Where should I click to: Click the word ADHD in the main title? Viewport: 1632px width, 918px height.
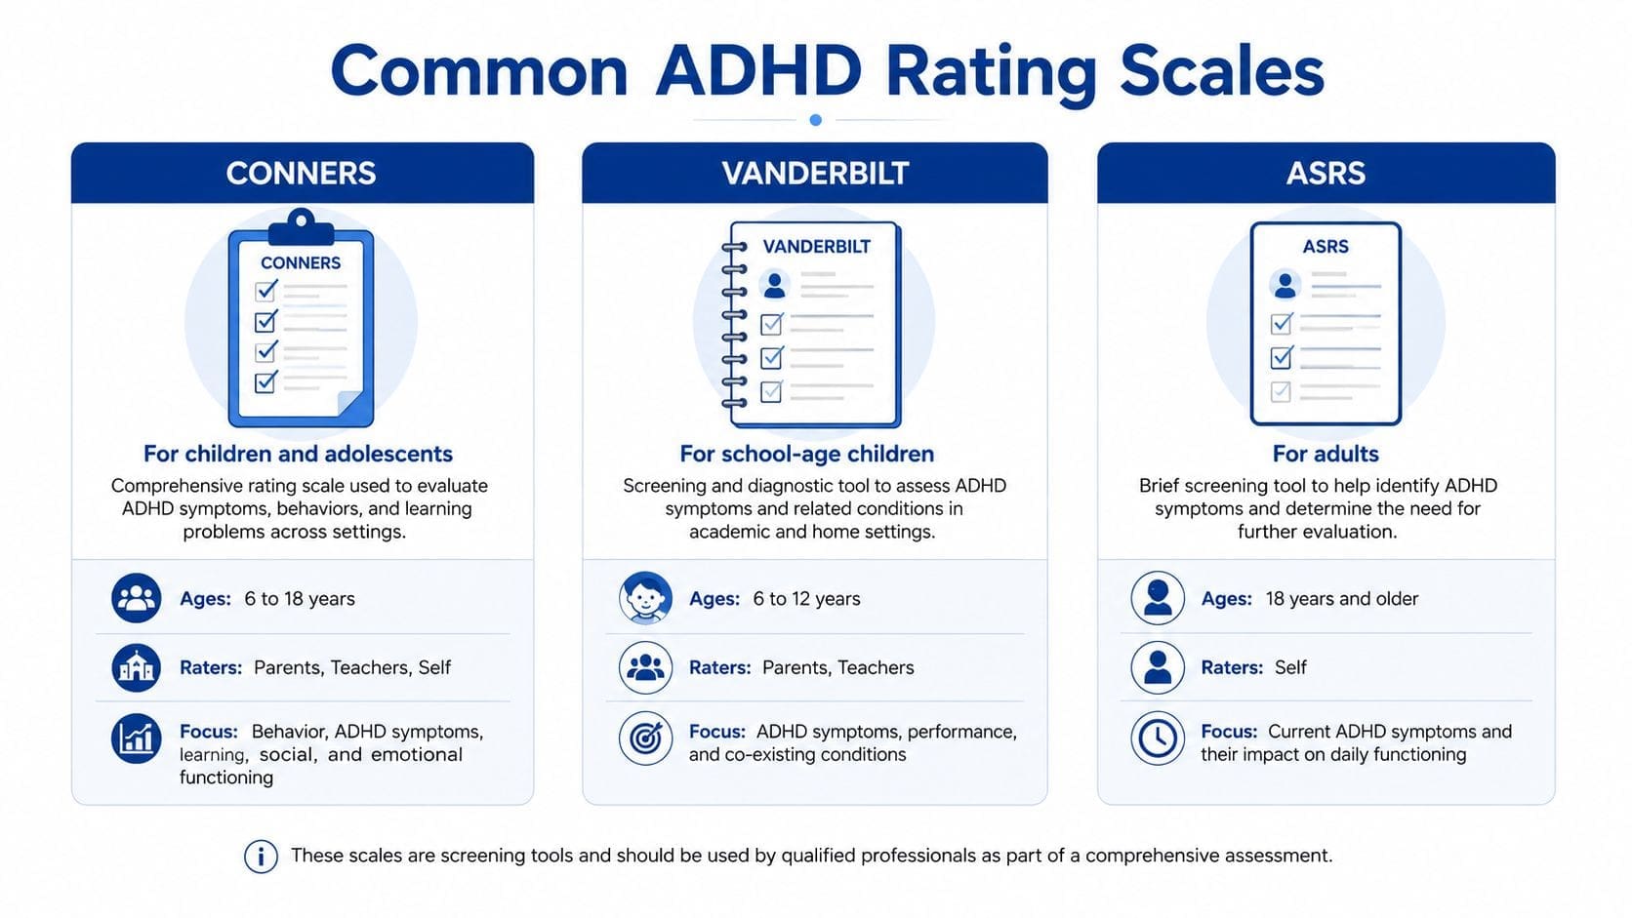click(758, 71)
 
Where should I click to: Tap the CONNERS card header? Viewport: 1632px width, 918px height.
click(303, 173)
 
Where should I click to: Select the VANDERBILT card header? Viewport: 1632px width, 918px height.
click(815, 173)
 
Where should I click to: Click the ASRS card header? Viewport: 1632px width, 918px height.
click(1326, 173)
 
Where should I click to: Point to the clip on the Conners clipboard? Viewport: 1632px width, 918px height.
click(301, 227)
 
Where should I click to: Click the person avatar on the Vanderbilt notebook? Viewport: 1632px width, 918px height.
click(774, 284)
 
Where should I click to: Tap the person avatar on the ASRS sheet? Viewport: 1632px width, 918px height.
click(1285, 284)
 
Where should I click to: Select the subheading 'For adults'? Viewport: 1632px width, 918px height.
click(1326, 454)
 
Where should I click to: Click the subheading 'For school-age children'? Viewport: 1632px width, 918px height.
click(806, 454)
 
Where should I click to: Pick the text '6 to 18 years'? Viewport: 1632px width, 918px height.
click(300, 598)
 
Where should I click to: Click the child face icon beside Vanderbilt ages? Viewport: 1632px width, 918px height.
click(645, 598)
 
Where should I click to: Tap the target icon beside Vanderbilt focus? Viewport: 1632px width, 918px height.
click(645, 738)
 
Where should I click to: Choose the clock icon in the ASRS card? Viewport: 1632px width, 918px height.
click(1158, 738)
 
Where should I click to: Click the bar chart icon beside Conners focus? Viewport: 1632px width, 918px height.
click(137, 738)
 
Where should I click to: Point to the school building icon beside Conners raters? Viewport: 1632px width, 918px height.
click(137, 667)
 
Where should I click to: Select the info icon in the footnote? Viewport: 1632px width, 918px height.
click(261, 857)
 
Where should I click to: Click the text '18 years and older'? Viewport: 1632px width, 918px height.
click(1342, 598)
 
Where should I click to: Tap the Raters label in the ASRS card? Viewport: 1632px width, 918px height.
click(1232, 667)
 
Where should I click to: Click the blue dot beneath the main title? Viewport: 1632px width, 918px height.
click(816, 120)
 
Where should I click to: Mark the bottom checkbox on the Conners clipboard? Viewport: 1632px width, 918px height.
click(265, 383)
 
